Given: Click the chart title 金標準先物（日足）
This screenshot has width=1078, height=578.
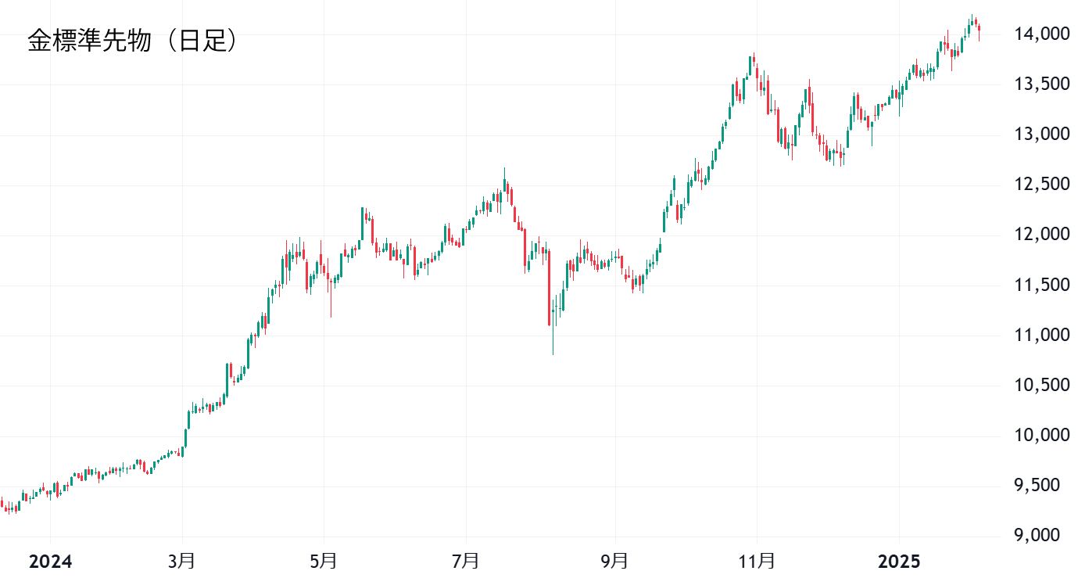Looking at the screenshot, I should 133,41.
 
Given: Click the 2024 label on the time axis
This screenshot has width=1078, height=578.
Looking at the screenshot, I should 50,562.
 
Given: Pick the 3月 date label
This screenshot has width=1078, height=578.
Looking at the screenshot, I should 182,562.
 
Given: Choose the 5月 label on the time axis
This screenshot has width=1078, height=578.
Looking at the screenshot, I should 324,562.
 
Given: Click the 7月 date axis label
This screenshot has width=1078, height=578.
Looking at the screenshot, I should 466,562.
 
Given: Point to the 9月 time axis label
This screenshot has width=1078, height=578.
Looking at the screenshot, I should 615,562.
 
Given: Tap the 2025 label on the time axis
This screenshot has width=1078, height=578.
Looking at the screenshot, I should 899,562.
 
